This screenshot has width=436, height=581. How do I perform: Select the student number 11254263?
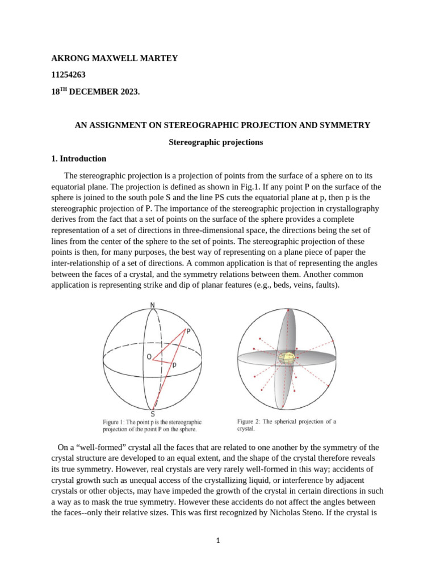(68, 74)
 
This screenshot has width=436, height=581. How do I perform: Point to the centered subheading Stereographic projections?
(216, 142)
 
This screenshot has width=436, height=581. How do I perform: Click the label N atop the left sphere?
(152, 306)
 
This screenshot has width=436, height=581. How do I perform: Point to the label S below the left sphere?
(153, 414)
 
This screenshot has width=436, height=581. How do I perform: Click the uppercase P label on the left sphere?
(188, 331)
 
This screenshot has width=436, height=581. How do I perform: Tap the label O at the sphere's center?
(149, 357)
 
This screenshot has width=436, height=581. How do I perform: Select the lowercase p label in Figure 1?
(174, 366)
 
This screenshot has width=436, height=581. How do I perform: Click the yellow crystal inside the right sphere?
(287, 357)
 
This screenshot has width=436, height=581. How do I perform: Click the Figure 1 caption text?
(152, 426)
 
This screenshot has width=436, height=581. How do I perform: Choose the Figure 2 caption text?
(286, 425)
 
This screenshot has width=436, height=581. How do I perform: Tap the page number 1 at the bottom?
(218, 541)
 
